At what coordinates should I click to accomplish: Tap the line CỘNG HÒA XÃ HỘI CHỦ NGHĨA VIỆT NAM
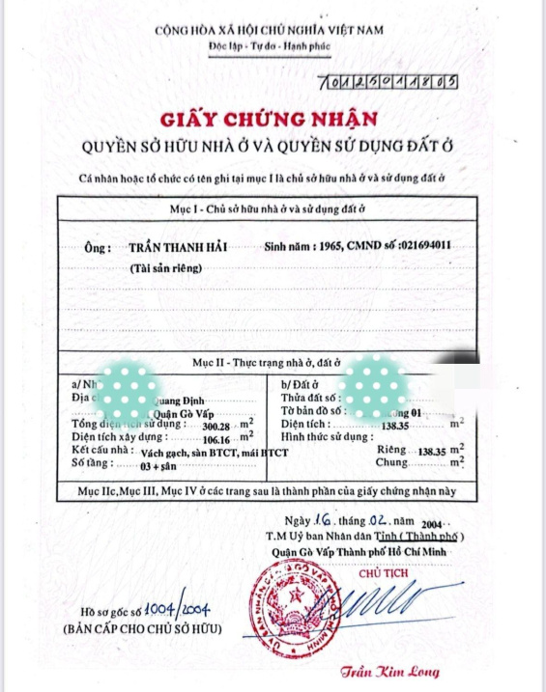pos(270,30)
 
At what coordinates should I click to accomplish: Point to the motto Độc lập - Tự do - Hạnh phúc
pos(269,46)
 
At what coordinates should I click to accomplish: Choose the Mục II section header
pos(270,362)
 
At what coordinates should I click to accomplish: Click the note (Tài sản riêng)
pos(168,269)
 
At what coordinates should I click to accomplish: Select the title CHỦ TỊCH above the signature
pos(383,571)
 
